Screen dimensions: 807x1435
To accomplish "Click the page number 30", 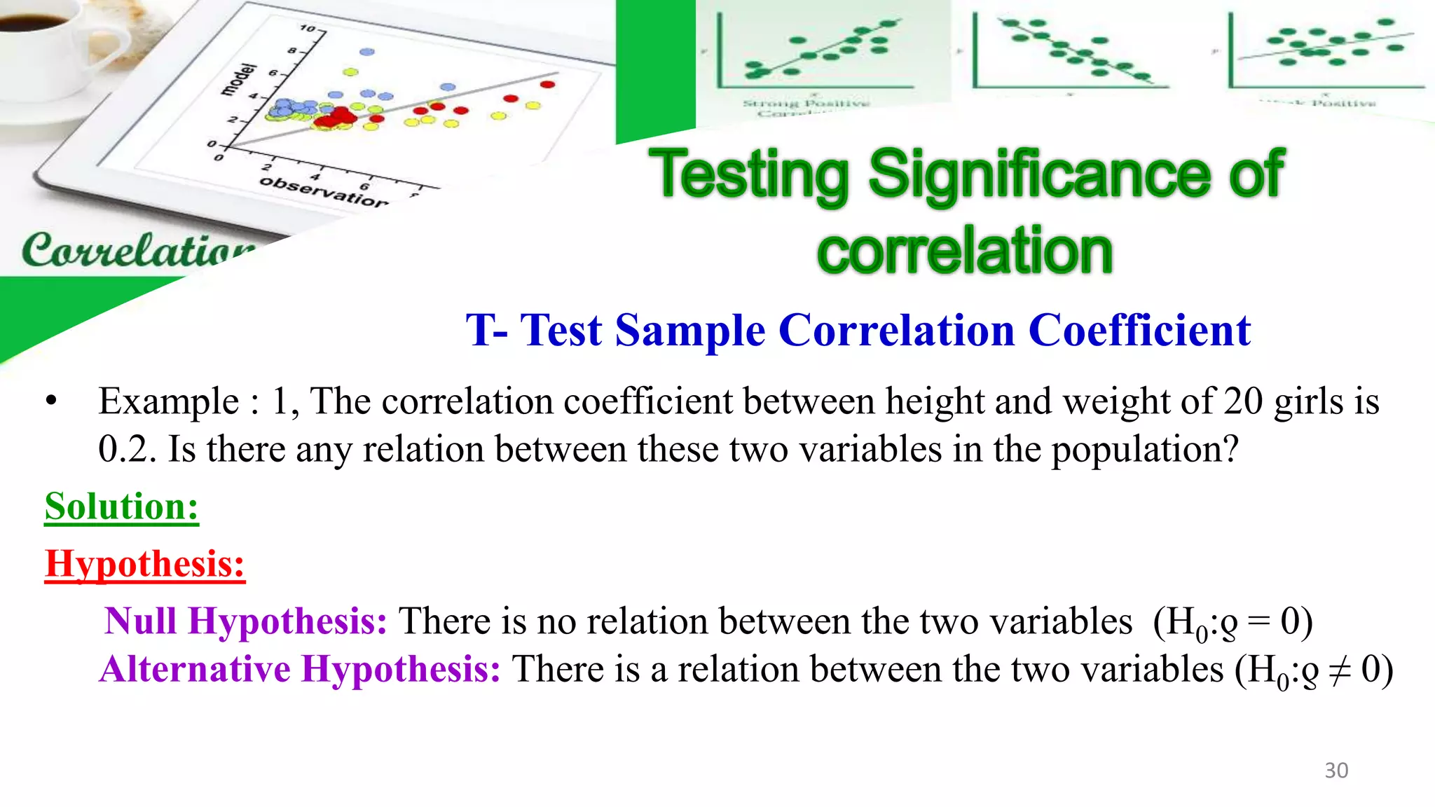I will [x=1336, y=771].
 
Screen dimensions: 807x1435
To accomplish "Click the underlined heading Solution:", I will [x=122, y=506].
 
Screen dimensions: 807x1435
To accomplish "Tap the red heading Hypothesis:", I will [x=145, y=564].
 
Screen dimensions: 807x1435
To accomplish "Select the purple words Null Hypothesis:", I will [x=246, y=621].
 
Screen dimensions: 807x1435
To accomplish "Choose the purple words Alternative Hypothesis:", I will [x=301, y=669].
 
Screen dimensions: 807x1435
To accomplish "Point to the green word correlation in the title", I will [x=964, y=251].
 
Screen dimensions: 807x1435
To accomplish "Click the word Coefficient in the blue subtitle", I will [x=1139, y=330].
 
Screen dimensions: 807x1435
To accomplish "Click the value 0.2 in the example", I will [x=125, y=449].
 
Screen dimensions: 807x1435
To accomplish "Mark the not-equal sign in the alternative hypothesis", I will [x=1340, y=670].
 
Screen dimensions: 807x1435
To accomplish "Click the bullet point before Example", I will [x=50, y=402].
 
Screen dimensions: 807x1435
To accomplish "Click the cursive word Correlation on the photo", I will [x=137, y=250].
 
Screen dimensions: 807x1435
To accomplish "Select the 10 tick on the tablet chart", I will [x=308, y=28].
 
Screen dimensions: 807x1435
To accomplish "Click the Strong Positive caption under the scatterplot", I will [x=806, y=104].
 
